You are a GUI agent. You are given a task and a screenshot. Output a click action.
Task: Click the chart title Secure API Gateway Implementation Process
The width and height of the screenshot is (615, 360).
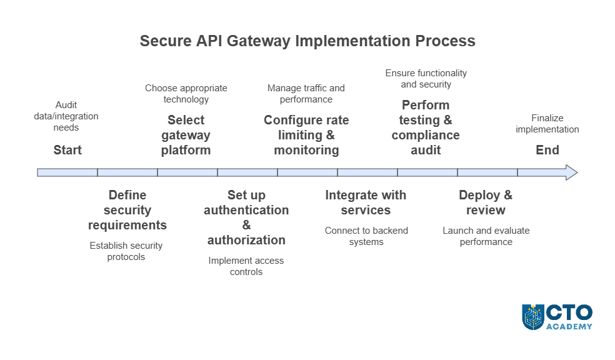pos(307,41)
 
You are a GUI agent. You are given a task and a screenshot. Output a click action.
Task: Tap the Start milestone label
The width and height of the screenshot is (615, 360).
pos(67,150)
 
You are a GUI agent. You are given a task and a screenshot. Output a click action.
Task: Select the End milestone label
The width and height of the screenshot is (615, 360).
pos(547,150)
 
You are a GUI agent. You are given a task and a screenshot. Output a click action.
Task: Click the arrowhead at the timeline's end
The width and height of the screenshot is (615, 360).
pos(571,172)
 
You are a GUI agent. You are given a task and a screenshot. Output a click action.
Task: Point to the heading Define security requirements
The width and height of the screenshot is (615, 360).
pos(127,210)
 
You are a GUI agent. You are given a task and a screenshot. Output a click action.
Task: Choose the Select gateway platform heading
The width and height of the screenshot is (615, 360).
pos(186,135)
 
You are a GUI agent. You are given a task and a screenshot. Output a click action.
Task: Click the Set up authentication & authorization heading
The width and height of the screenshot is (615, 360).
pos(246,217)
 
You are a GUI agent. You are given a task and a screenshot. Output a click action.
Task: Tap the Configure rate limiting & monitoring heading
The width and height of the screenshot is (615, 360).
pos(306,135)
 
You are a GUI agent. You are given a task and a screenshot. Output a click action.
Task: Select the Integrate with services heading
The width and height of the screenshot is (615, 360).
pos(366,202)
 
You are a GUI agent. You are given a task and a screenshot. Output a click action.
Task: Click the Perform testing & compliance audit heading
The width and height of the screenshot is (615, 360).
pos(426,127)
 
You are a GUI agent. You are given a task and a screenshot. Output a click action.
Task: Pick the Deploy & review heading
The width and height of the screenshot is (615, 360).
pos(486,202)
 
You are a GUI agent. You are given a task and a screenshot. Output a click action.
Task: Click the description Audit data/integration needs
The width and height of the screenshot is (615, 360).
pos(66,116)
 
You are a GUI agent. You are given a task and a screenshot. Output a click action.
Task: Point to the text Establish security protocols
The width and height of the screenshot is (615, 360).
pos(126,251)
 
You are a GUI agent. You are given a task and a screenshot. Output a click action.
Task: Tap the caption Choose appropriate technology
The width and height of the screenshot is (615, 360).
pos(186,94)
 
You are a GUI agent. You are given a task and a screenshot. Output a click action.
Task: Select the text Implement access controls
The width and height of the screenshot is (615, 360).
pos(246,266)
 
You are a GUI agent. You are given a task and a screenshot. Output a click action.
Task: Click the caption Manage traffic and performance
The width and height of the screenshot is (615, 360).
pos(306,94)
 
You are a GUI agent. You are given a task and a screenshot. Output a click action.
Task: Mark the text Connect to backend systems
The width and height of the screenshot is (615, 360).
pos(366,236)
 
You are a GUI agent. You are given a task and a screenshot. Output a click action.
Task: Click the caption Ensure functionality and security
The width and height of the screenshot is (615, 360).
pos(426,79)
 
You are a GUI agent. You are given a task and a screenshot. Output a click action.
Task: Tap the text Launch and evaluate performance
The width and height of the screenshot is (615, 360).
pos(486,236)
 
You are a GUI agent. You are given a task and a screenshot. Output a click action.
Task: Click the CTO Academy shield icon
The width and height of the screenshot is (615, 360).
pos(533,317)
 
